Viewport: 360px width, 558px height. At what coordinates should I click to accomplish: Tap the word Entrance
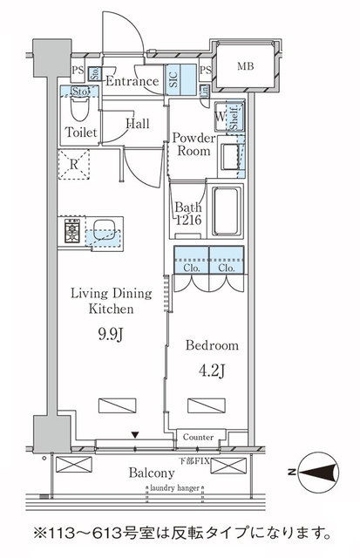coord(132,82)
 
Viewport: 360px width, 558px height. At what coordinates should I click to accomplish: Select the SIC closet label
coord(173,82)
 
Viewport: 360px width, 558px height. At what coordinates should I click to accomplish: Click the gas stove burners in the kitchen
coord(71,232)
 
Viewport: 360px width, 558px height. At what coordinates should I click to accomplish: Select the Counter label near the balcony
coord(199,436)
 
